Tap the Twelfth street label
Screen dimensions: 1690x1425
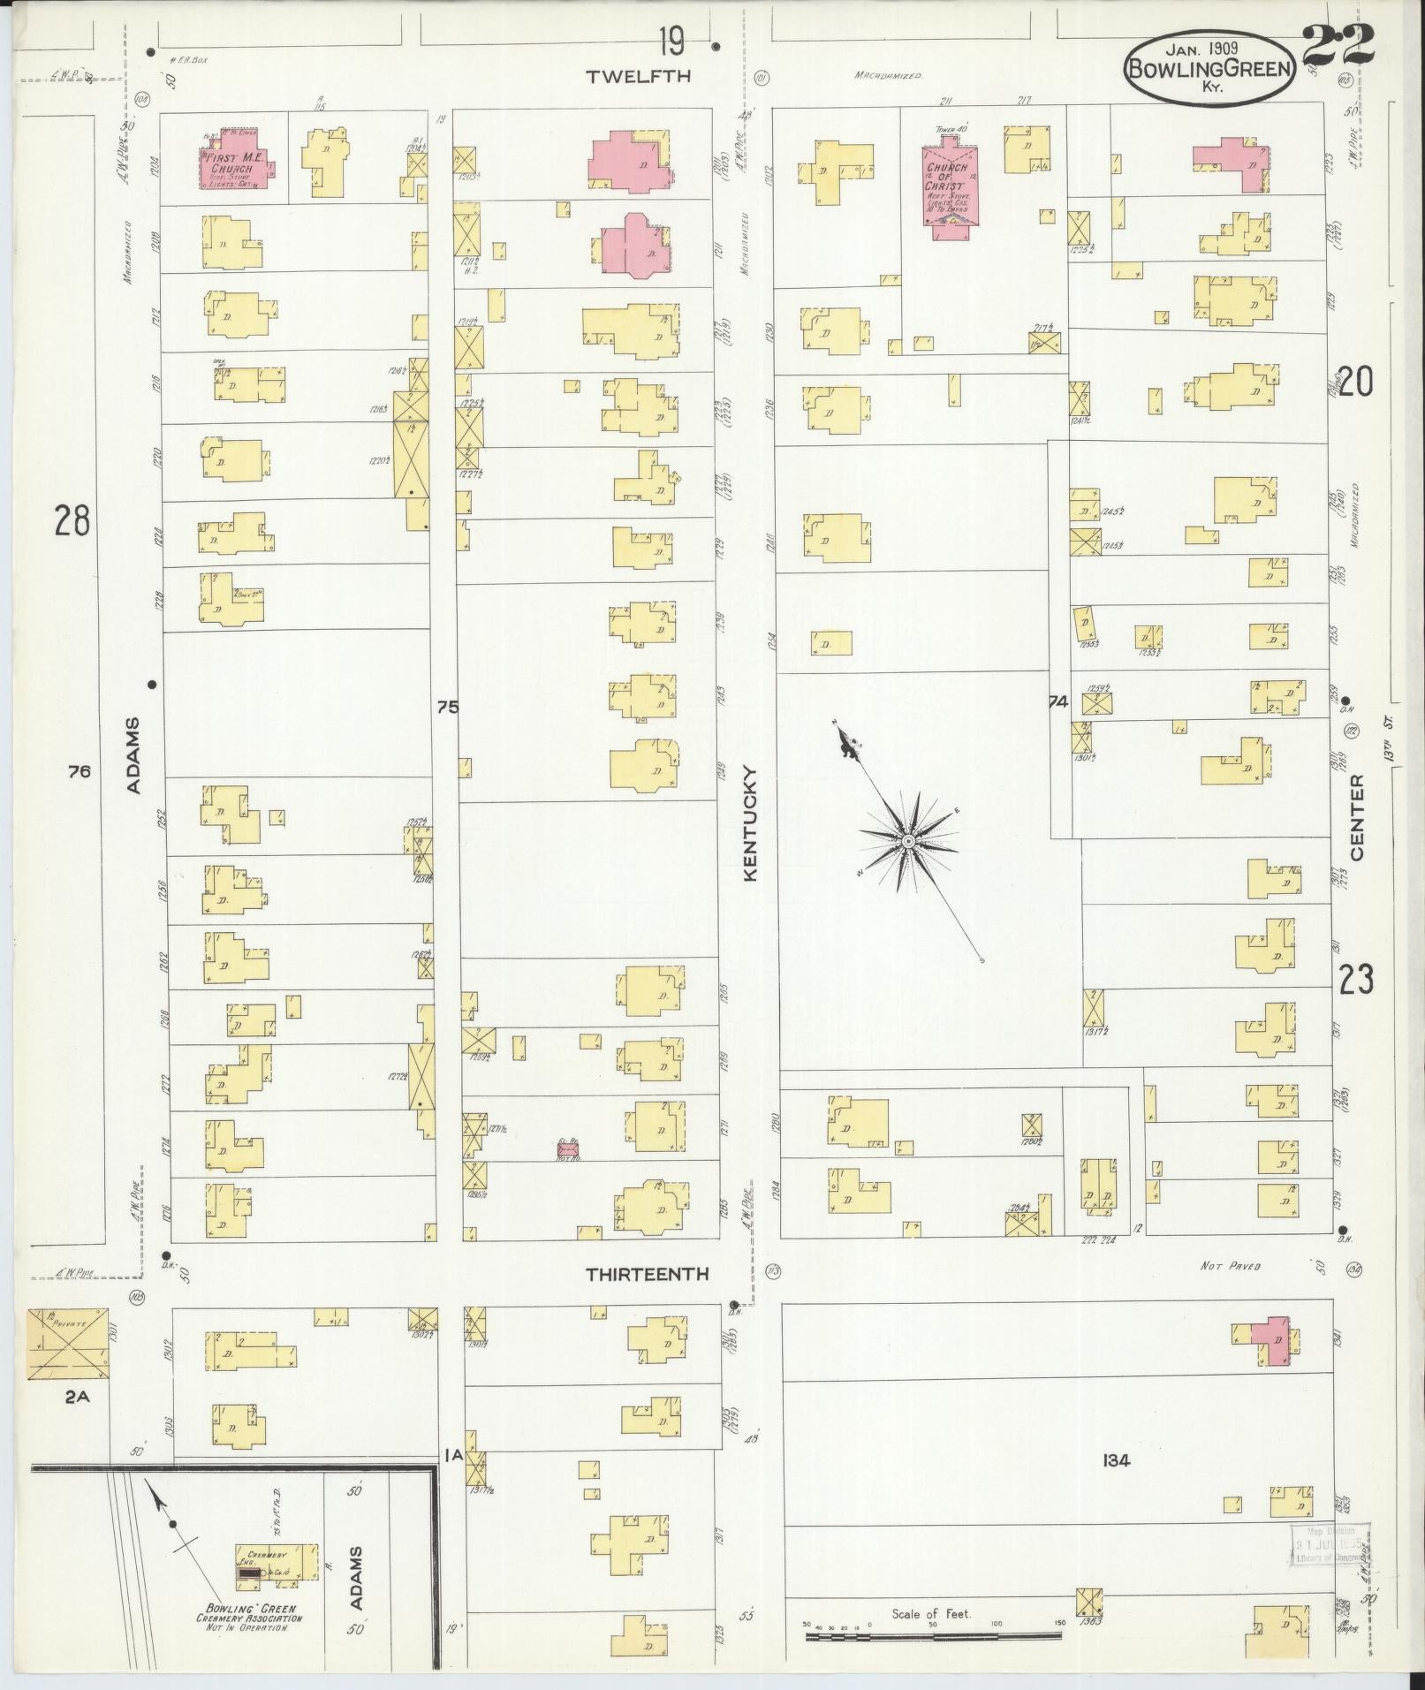[626, 78]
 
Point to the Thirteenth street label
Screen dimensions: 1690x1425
[648, 1274]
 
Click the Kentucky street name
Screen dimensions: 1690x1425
[751, 822]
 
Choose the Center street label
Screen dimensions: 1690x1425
[1356, 818]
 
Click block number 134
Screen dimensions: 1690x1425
[1116, 1461]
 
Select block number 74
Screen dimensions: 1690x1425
[1057, 702]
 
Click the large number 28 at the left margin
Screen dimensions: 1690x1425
[72, 520]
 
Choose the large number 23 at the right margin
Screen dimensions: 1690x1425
[1356, 980]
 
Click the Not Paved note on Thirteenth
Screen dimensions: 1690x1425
[1230, 1266]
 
